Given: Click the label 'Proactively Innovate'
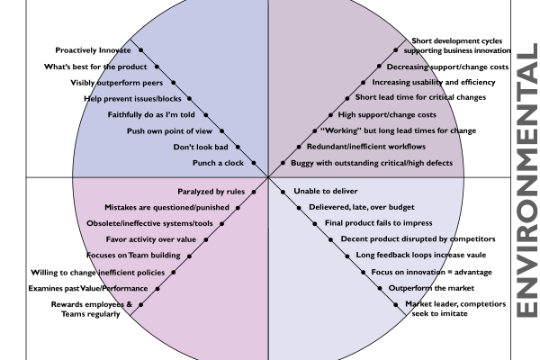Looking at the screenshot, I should point(88,50).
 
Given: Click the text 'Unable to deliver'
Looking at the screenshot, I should point(326,192).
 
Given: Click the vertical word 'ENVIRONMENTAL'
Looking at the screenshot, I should point(526,180).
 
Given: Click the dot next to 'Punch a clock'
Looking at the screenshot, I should point(254,163).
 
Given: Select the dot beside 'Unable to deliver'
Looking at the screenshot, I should point(285,192).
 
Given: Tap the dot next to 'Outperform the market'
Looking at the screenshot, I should point(381,288).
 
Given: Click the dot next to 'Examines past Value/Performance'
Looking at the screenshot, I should point(157,289).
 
